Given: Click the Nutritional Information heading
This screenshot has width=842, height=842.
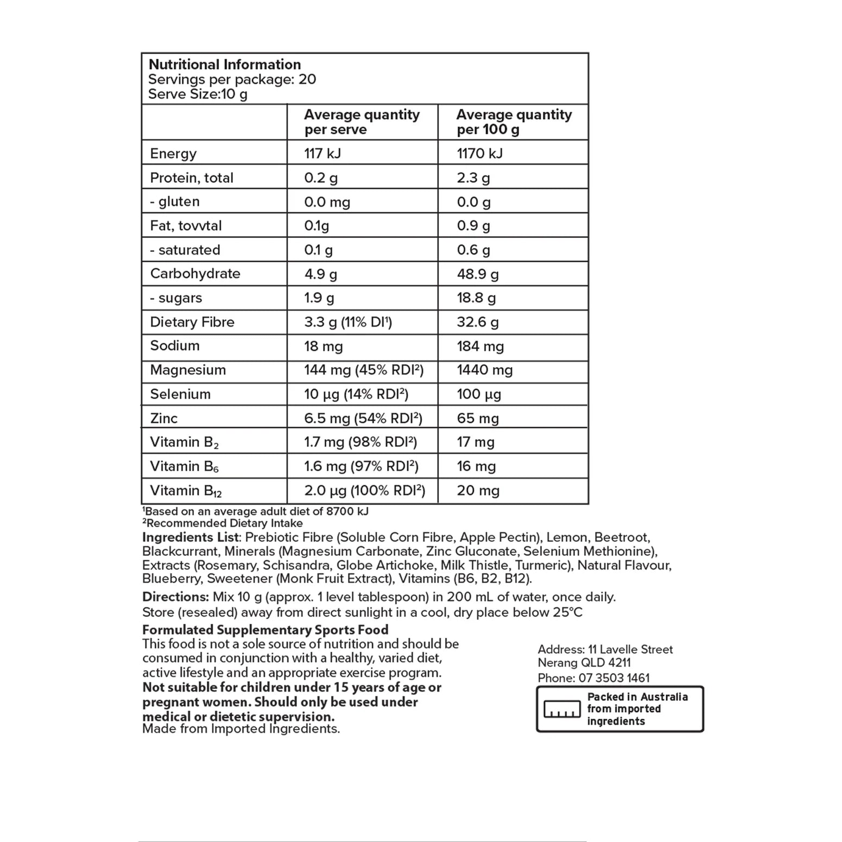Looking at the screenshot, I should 224,65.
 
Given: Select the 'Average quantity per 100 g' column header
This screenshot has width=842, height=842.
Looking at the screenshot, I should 514,122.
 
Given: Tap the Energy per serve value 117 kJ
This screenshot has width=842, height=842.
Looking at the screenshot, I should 322,153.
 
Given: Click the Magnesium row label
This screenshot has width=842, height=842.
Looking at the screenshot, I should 188,370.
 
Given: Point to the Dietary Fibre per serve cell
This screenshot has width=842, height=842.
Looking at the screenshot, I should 348,322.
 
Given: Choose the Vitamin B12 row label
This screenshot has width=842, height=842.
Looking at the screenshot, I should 186,491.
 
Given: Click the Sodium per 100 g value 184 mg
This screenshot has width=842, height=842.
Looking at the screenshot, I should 480,346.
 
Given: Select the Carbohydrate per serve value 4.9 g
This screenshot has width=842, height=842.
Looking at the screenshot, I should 320,274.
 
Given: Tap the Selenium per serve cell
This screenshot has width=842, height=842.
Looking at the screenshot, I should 356,394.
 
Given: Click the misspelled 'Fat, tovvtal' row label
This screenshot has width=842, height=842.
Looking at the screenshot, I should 186,226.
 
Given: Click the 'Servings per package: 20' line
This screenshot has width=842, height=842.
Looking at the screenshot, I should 232,79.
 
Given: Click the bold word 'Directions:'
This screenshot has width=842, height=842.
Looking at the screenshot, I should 175,597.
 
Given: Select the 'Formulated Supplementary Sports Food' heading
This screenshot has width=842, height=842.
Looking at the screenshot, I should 265,630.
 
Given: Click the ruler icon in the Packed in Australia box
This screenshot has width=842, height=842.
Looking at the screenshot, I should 562,709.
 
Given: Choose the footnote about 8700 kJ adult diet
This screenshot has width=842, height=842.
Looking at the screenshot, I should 256,511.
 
